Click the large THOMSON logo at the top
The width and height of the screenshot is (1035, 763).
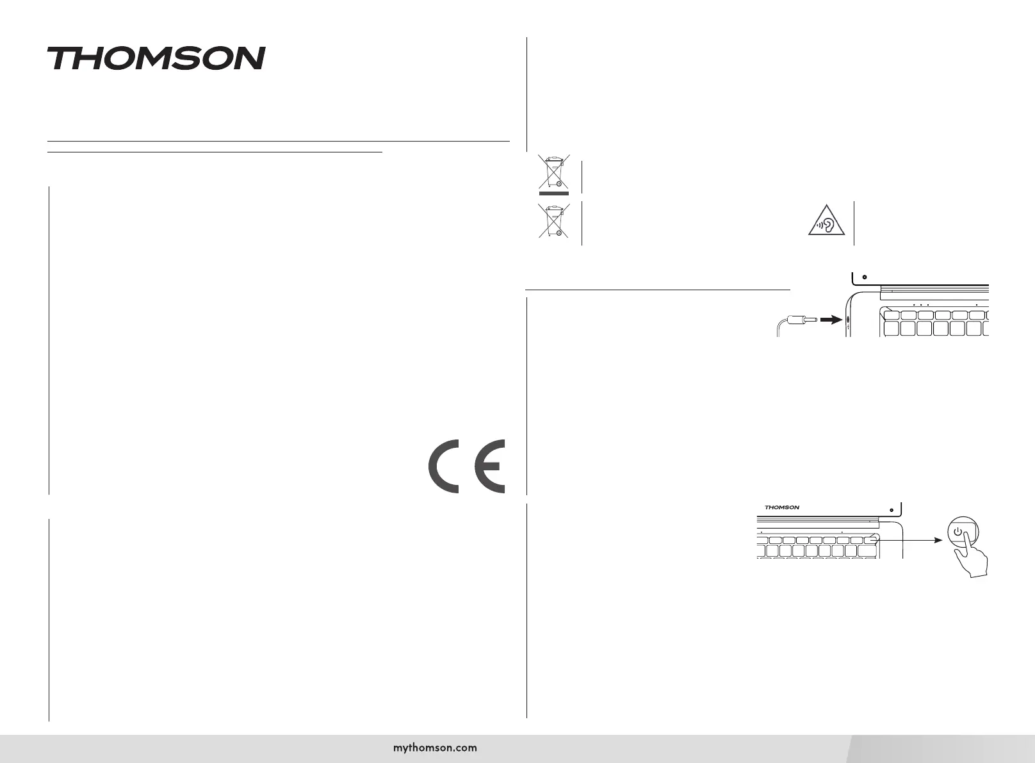pyautogui.click(x=156, y=58)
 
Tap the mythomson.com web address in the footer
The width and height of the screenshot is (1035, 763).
pyautogui.click(x=435, y=747)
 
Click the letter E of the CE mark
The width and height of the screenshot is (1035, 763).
pyautogui.click(x=490, y=466)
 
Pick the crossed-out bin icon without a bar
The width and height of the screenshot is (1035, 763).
pyautogui.click(x=553, y=221)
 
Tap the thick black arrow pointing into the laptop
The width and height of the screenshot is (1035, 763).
pyautogui.click(x=831, y=319)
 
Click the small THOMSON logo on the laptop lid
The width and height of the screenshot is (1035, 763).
pyautogui.click(x=782, y=507)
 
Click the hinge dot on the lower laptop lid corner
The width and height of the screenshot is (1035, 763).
pyautogui.click(x=892, y=509)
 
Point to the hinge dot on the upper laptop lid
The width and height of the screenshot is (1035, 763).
pyautogui.click(x=865, y=277)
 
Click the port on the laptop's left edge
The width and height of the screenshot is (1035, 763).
pyautogui.click(x=848, y=320)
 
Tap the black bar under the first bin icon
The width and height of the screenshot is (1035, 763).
pyautogui.click(x=553, y=192)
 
